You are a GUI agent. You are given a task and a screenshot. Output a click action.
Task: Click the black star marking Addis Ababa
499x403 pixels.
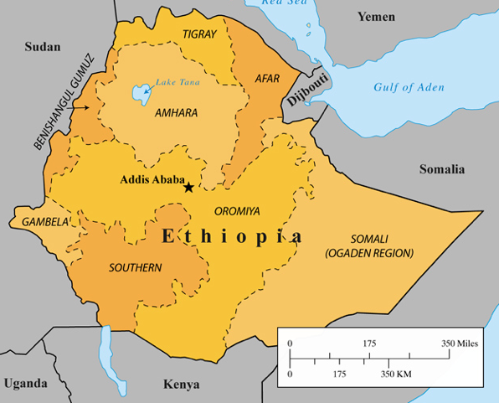[188, 187]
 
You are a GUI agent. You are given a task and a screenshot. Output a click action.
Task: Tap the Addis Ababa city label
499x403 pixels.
[152, 179]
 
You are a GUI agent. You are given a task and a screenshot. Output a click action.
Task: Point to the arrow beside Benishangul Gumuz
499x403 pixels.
[80, 107]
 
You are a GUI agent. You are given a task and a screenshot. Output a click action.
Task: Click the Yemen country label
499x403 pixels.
[375, 17]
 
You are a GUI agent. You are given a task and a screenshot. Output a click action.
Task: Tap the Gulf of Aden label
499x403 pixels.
[409, 87]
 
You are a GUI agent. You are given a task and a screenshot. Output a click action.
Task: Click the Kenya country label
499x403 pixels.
[182, 385]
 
